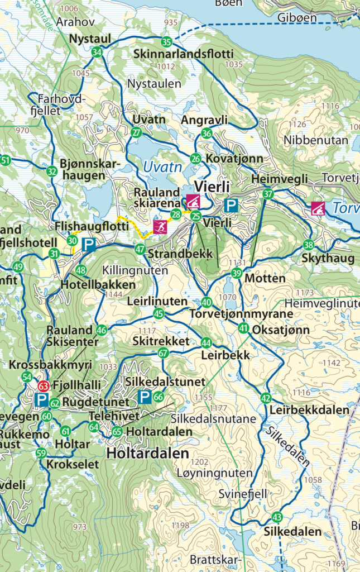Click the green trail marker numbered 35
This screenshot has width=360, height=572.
[166, 42]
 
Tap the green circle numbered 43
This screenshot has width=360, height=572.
[277, 517]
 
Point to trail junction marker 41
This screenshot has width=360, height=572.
[243, 328]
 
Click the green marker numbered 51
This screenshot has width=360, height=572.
[6, 161]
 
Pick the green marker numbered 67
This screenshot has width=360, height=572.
[163, 353]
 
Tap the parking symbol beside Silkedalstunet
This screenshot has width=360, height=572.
[144, 397]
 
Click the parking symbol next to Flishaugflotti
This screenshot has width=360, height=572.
[88, 244]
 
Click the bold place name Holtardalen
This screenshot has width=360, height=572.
[148, 452]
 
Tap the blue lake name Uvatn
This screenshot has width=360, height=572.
[162, 166]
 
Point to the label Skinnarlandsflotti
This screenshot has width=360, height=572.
[184, 54]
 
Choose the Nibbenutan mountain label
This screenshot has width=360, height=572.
[315, 140]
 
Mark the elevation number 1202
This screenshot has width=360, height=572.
[199, 463]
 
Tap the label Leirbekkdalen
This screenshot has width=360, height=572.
[309, 410]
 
